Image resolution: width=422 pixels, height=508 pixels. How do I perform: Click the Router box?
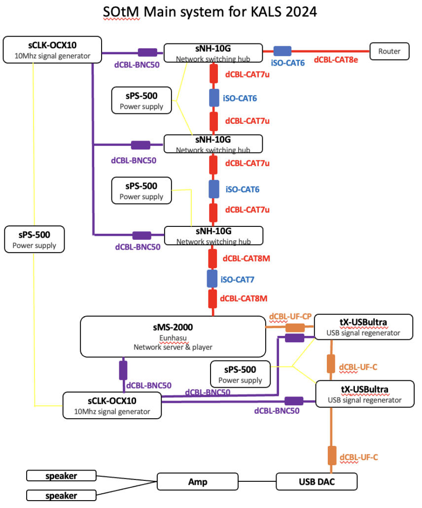[389, 51]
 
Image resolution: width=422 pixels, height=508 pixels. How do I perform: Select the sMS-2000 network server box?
[173, 336]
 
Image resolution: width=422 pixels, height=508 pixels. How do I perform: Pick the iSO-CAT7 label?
[238, 280]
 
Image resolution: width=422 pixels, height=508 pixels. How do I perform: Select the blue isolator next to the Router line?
[282, 51]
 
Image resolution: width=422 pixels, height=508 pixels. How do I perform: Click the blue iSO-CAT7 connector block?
[213, 279]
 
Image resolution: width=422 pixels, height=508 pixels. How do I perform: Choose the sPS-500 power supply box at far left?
[34, 239]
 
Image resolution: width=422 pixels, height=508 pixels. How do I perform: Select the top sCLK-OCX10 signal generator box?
[52, 50]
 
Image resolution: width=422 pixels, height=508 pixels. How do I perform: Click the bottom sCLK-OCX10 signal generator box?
[112, 405]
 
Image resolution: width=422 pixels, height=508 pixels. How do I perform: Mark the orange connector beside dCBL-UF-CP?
[295, 327]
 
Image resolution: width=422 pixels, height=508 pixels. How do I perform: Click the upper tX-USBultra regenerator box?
[364, 327]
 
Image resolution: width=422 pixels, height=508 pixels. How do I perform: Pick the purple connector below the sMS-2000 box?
[123, 370]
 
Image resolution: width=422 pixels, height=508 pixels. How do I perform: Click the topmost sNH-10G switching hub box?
[213, 53]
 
